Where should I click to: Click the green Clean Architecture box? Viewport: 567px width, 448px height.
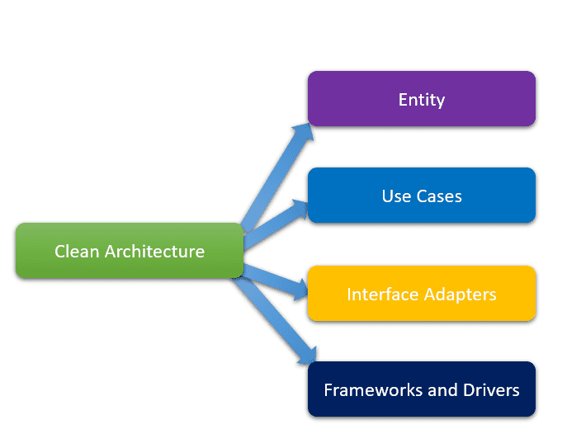130,251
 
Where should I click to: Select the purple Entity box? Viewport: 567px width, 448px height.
422,99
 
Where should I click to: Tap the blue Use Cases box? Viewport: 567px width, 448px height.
422,196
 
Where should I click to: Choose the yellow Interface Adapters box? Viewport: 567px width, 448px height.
422,293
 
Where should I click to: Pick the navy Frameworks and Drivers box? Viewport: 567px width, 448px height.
422,389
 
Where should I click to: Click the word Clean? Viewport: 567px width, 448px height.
77,252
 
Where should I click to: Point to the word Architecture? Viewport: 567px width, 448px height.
155,252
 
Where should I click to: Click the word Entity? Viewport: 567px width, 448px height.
422,100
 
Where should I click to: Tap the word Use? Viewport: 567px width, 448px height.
397,196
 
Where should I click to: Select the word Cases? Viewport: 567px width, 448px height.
439,196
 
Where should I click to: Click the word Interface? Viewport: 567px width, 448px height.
383,294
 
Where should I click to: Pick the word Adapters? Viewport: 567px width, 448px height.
461,295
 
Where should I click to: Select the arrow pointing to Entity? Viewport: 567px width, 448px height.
276,177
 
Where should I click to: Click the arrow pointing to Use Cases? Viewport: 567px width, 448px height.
276,224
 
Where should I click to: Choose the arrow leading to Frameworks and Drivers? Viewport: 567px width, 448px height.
274,320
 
